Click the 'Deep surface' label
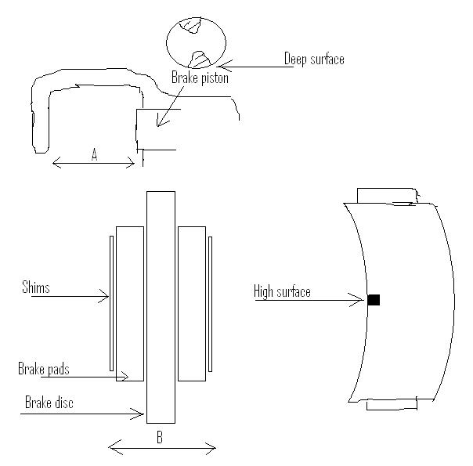(x=314, y=59)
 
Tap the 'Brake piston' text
(x=200, y=78)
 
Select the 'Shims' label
(x=35, y=287)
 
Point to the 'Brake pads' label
(x=44, y=369)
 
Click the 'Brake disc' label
(x=49, y=403)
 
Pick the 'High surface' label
(x=282, y=291)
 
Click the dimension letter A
(x=95, y=155)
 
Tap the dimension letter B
(x=160, y=437)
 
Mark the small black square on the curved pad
(x=374, y=300)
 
